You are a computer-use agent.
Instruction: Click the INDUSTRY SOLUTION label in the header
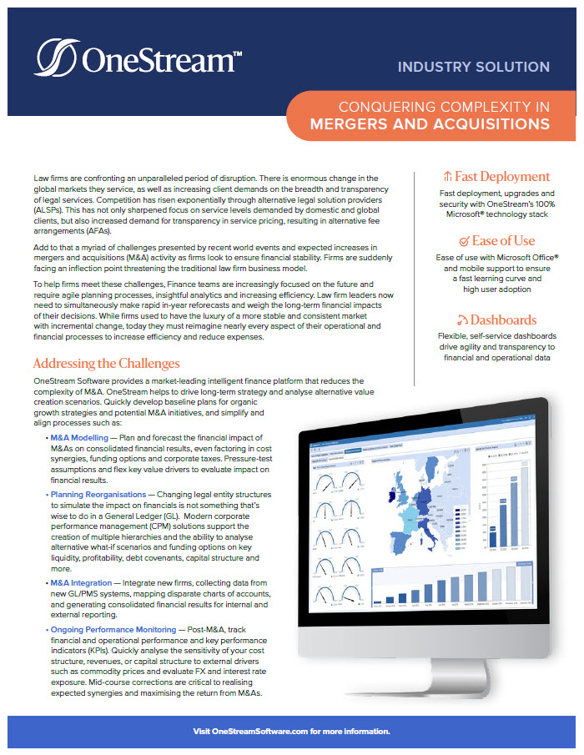(x=473, y=67)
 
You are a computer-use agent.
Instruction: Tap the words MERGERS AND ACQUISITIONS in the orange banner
(x=430, y=124)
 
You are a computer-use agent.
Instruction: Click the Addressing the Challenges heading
(x=106, y=364)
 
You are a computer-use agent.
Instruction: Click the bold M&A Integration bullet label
(x=81, y=582)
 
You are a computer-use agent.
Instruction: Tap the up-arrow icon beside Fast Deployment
(x=448, y=177)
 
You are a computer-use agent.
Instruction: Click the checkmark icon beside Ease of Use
(x=452, y=241)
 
